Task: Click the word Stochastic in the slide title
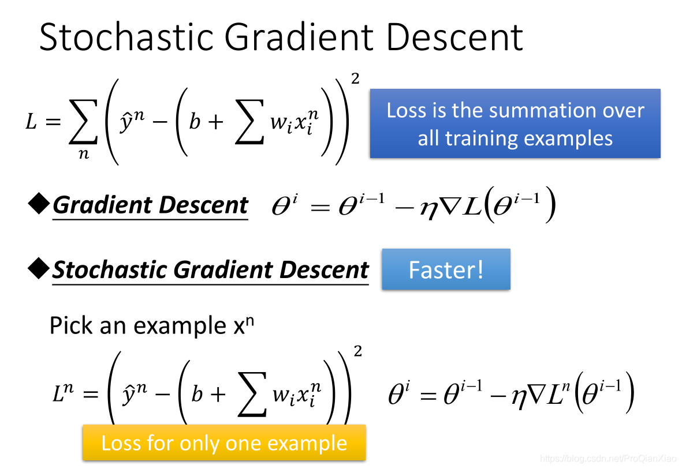(x=126, y=37)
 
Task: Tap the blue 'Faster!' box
(x=446, y=269)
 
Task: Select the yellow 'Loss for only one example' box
(x=224, y=442)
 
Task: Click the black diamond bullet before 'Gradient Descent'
(x=39, y=204)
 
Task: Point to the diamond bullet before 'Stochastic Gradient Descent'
(x=39, y=268)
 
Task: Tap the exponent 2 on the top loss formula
(x=355, y=78)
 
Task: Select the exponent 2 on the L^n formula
(x=357, y=351)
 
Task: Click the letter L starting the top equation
(x=31, y=122)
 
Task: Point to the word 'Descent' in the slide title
(x=454, y=37)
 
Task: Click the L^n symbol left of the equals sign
(x=62, y=392)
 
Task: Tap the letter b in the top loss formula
(x=195, y=121)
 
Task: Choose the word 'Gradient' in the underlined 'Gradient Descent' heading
(x=102, y=205)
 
